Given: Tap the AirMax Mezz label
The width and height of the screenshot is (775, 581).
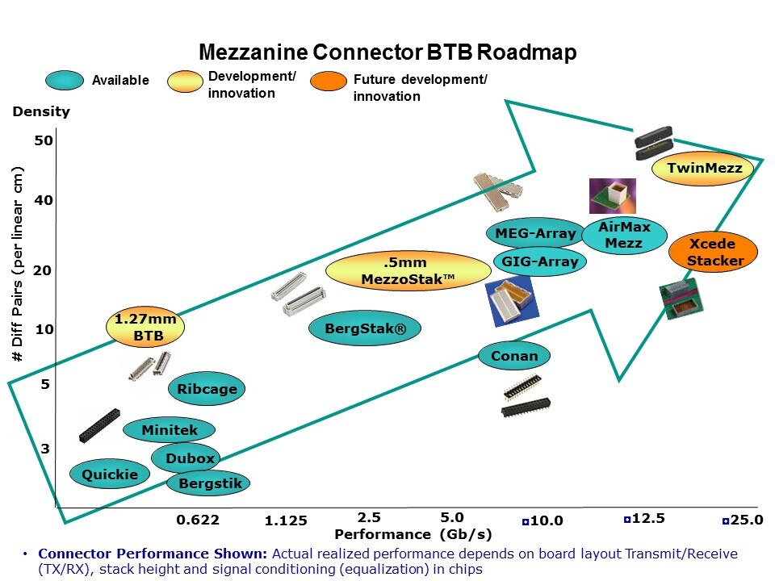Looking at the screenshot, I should click(624, 235).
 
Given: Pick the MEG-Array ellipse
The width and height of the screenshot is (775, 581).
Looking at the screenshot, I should click(535, 234).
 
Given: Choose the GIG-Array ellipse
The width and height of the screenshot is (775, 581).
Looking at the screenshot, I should click(540, 261).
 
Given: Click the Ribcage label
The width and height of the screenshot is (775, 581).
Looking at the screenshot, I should click(207, 389).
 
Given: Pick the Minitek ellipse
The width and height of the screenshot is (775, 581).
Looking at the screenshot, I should click(170, 430).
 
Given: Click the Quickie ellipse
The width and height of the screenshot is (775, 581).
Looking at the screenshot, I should click(109, 474).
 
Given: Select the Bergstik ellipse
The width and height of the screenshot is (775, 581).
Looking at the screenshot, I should click(209, 483).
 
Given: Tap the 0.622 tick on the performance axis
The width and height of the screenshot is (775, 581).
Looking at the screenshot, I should click(198, 520).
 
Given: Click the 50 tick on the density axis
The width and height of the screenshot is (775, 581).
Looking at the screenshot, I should click(44, 140).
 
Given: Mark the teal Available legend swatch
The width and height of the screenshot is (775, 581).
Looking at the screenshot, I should click(65, 80).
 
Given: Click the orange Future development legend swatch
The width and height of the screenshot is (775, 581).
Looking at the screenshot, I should click(328, 82).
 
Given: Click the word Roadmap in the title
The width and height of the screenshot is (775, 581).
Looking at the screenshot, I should click(526, 53).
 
